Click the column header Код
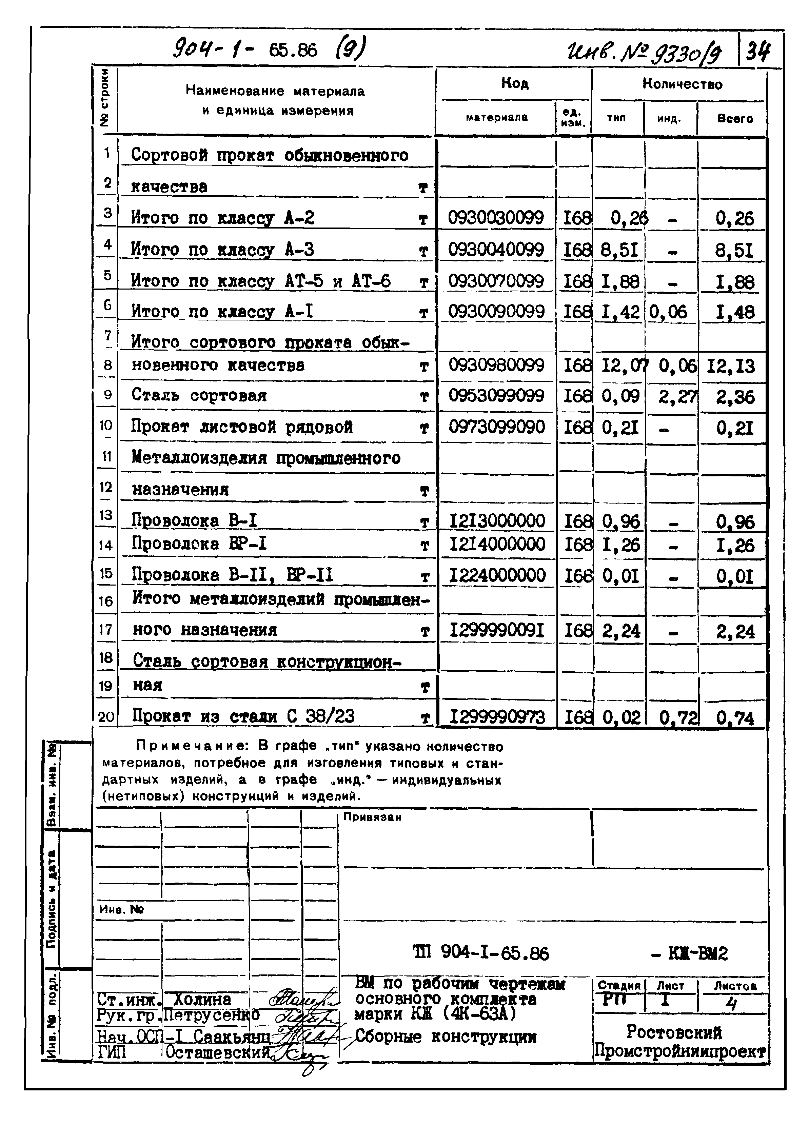[x=514, y=83]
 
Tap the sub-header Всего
[x=735, y=119]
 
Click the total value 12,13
[x=731, y=367]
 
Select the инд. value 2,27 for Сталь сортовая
[x=677, y=396]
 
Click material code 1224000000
[x=497, y=575]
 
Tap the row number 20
[x=106, y=717]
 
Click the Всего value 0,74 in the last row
[x=735, y=718]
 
